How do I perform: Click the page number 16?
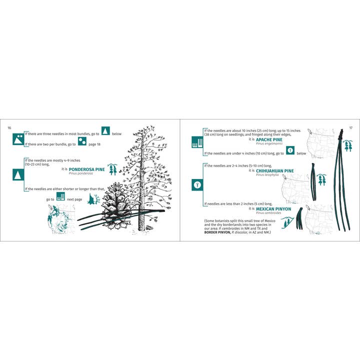click(9, 128)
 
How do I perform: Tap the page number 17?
click(350, 128)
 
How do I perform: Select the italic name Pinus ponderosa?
click(81, 173)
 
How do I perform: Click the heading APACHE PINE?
click(269, 139)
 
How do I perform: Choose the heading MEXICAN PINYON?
click(273, 209)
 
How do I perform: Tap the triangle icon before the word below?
click(105, 131)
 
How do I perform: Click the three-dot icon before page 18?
click(82, 144)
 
